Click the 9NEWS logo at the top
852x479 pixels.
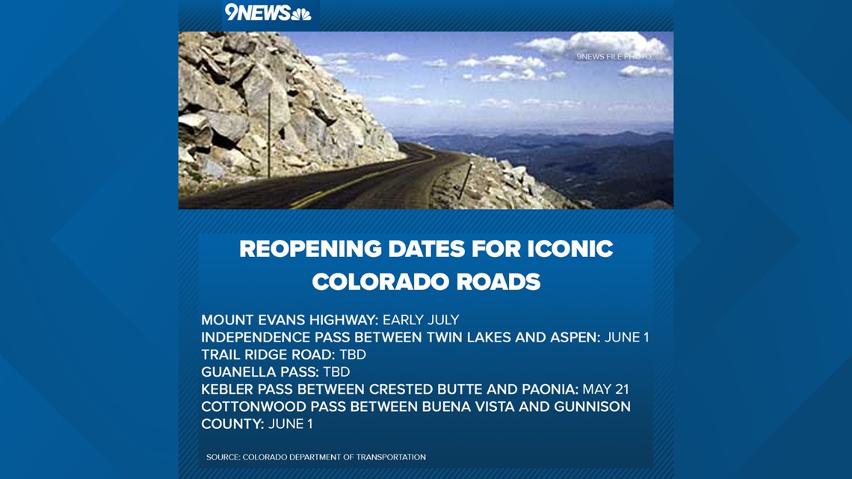pos(268,12)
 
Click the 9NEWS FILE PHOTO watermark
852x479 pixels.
pos(614,57)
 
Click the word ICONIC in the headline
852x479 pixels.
pos(570,249)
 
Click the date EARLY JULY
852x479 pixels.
pos(421,320)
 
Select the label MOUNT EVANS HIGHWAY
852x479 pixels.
pos(290,320)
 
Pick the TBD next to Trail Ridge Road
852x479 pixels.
pos(353,355)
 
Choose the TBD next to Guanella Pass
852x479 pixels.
pos(336,372)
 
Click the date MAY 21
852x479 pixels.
pos(605,389)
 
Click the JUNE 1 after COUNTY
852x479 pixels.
pos(291,424)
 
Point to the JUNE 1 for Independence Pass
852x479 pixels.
pos(626,337)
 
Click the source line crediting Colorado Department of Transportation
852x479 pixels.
pos(315,457)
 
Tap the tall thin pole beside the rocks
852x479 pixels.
pos(269,135)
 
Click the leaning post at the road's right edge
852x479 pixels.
pos(465,181)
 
